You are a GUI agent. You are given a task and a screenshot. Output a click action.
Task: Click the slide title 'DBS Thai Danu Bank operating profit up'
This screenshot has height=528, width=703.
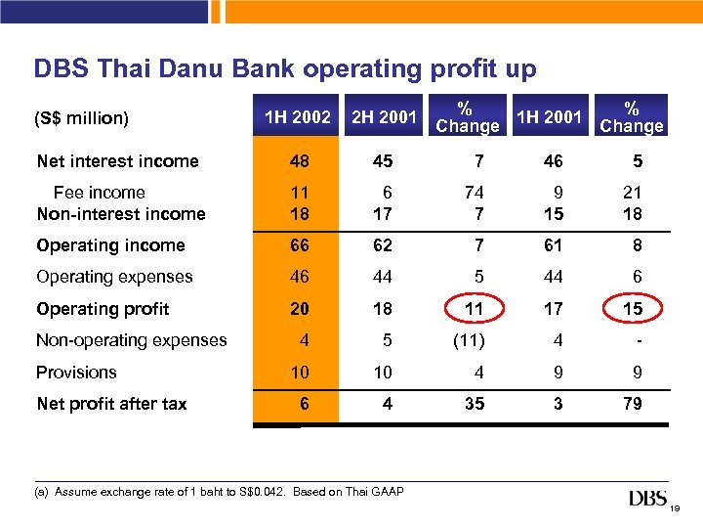(285, 69)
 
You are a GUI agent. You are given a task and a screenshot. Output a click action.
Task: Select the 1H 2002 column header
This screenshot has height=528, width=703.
(297, 118)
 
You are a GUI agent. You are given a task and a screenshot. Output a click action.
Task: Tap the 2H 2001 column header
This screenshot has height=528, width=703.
(384, 118)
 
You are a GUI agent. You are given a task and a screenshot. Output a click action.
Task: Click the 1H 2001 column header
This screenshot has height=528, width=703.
(549, 118)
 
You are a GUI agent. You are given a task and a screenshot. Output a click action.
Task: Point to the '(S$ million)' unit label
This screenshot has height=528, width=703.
(81, 118)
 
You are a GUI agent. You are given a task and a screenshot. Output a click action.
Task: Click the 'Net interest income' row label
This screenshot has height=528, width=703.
(117, 161)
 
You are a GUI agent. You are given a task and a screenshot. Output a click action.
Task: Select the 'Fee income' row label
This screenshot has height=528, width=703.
(99, 193)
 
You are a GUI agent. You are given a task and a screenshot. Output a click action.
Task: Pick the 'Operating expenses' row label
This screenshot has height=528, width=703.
(114, 277)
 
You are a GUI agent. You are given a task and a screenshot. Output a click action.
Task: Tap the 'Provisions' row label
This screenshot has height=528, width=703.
(76, 373)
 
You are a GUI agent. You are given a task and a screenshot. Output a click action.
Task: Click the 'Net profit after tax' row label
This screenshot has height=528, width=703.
(111, 404)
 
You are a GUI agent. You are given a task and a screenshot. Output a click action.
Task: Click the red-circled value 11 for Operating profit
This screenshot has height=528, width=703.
(474, 309)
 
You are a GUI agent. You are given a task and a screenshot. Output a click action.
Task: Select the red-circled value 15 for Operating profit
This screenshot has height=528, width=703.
(633, 309)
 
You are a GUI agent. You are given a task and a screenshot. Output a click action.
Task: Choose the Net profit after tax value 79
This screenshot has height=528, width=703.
(633, 404)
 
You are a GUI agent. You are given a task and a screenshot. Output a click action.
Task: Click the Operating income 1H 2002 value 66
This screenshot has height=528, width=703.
(300, 245)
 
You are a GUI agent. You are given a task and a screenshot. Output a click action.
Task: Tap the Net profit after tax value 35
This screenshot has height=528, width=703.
(474, 404)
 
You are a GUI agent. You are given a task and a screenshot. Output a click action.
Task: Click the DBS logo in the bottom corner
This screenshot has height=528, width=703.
(648, 500)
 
